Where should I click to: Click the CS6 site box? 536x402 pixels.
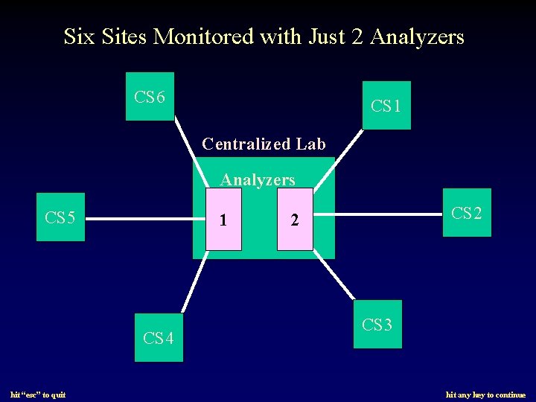[x=150, y=97]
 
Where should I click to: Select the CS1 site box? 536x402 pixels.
[x=386, y=106]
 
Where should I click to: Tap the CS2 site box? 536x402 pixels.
[x=467, y=213]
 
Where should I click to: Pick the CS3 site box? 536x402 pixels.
[x=377, y=324]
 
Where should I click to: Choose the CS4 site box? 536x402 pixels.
[x=159, y=338]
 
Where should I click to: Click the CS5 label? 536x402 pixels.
[x=60, y=218]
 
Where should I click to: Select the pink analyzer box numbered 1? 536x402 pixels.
[x=223, y=220]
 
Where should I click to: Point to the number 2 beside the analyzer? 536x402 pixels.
[x=295, y=220]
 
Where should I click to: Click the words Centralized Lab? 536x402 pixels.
[x=264, y=144]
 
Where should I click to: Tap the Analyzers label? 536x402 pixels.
[x=258, y=179]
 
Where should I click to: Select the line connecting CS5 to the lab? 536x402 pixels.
[x=145, y=220]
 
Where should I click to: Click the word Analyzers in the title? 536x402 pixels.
[x=417, y=36]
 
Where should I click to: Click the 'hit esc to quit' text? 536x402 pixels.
[x=38, y=395]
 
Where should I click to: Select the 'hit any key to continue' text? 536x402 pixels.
[x=485, y=395]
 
